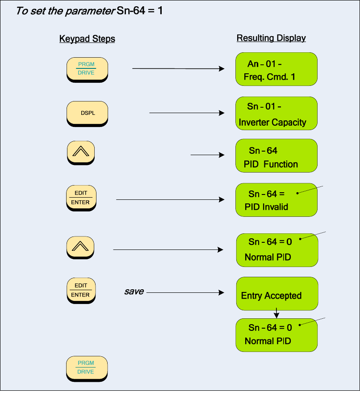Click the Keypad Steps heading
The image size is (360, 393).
pyautogui.click(x=87, y=39)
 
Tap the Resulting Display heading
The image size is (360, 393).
pyautogui.click(x=271, y=38)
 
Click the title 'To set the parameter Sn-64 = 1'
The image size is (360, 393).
pyautogui.click(x=89, y=11)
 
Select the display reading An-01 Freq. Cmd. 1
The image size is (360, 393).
pyautogui.click(x=276, y=69)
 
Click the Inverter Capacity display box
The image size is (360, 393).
pyautogui.click(x=276, y=114)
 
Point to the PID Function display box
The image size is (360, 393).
pyautogui.click(x=276, y=156)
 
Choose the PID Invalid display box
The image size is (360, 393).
pyautogui.click(x=276, y=200)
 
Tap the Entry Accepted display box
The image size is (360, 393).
pyautogui.click(x=277, y=294)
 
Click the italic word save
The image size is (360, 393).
pyautogui.click(x=134, y=292)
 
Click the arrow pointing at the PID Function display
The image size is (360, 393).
pyautogui.click(x=207, y=155)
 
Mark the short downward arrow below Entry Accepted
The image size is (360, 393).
pyautogui.click(x=276, y=313)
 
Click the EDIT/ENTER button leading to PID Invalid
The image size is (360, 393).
pyautogui.click(x=81, y=198)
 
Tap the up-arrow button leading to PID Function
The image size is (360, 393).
pyautogui.click(x=81, y=152)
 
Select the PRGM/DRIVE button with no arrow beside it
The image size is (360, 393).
pyautogui.click(x=87, y=368)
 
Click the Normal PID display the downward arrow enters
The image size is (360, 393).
pyautogui.click(x=276, y=334)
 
